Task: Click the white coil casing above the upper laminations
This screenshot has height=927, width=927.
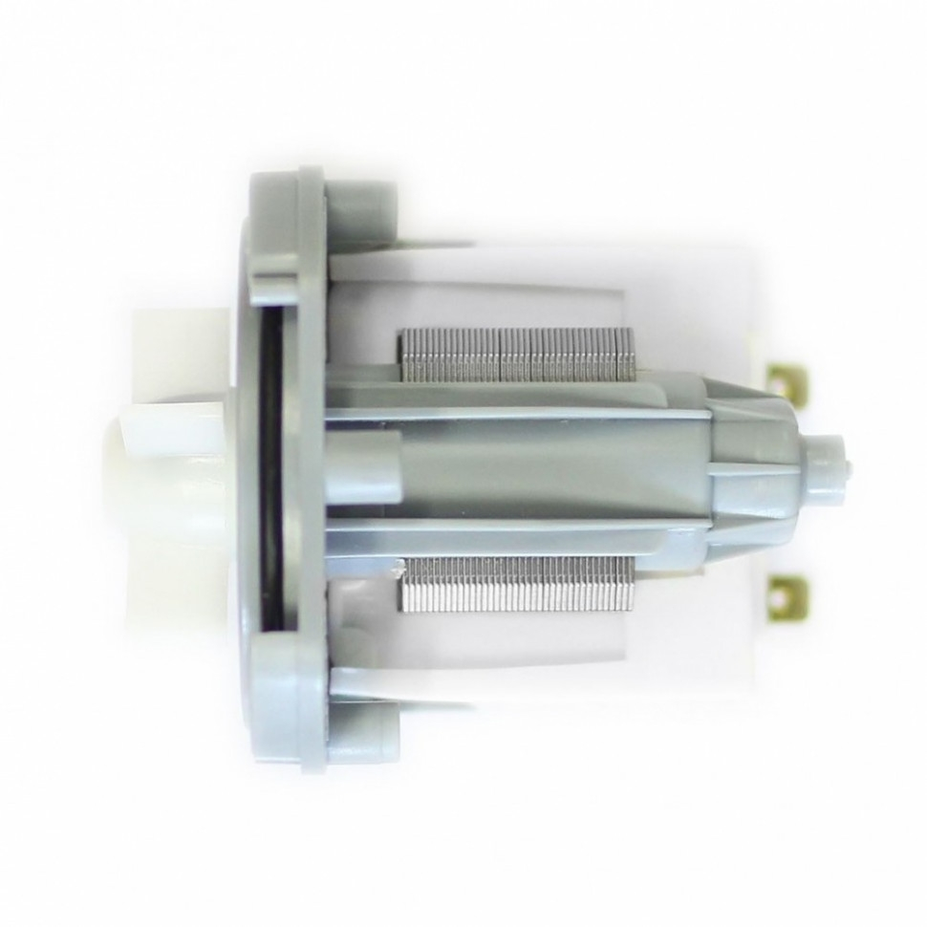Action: point(516,287)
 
